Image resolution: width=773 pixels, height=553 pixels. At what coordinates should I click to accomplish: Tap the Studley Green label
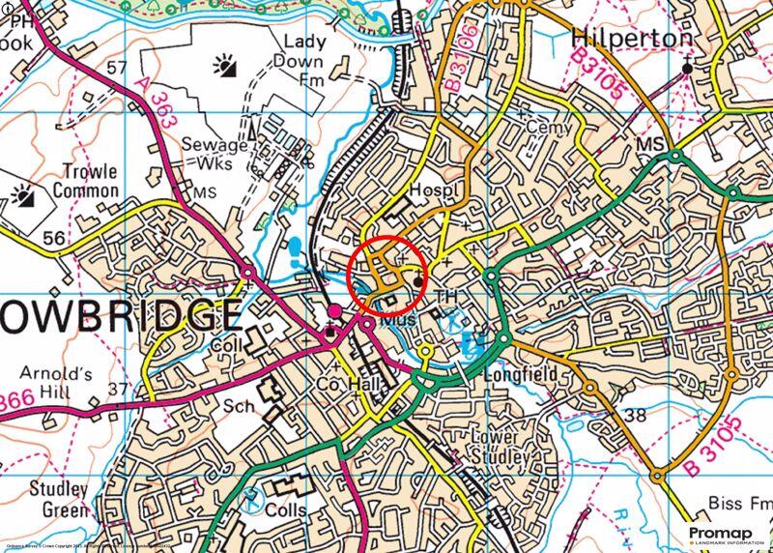point(58,499)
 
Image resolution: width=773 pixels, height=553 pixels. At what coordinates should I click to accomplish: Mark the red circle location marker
point(387,276)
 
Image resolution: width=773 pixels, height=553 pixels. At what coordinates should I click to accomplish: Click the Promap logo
point(727,536)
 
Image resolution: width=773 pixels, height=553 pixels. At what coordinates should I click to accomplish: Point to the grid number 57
point(117,67)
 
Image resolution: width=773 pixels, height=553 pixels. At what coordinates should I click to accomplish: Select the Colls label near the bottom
point(287,509)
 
